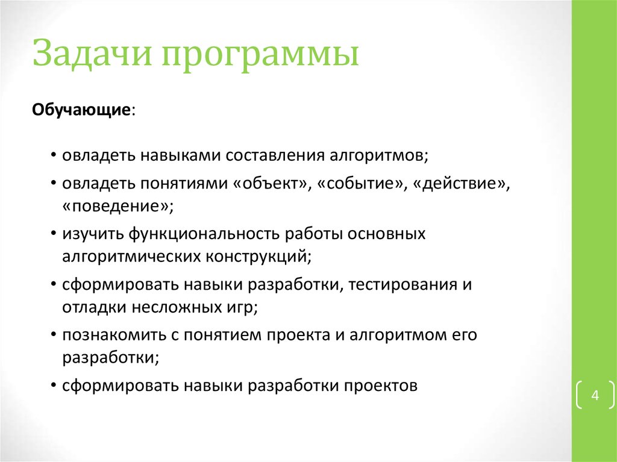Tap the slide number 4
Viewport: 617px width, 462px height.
click(595, 396)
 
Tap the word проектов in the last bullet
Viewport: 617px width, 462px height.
click(380, 386)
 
